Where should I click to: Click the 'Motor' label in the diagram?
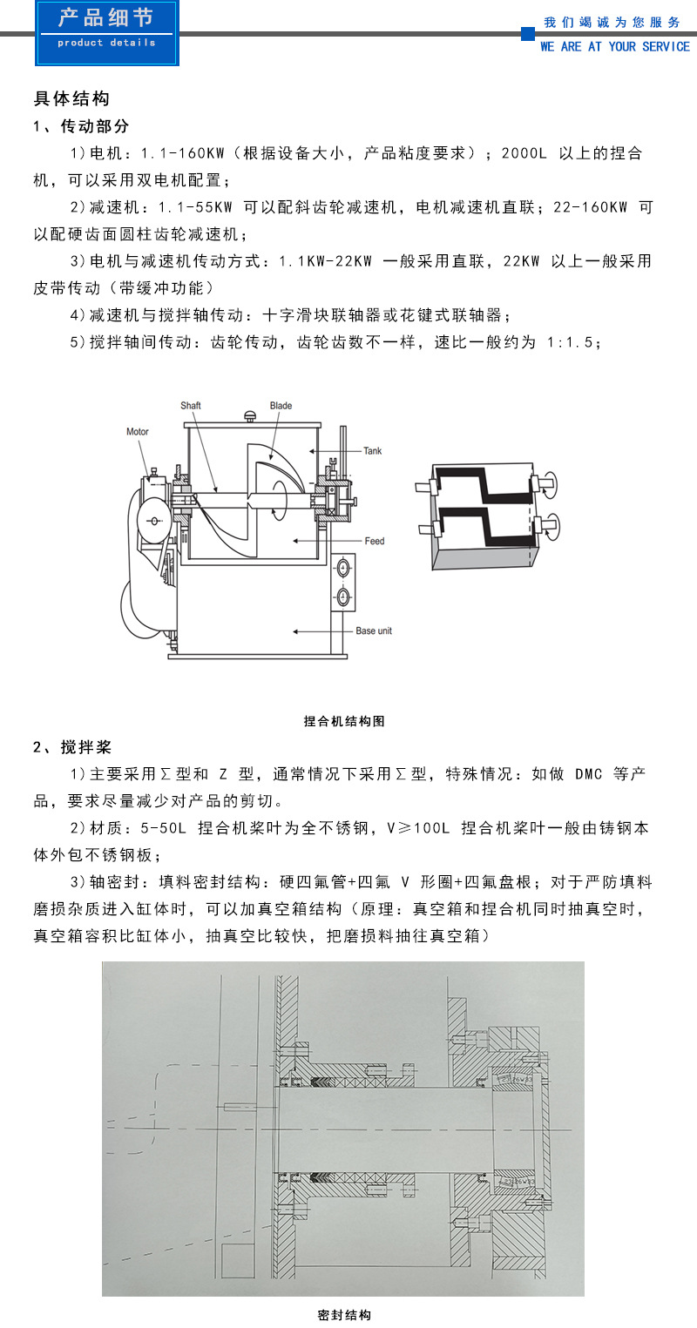click(138, 432)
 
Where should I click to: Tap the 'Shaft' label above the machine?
click(191, 406)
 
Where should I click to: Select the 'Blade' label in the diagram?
click(281, 406)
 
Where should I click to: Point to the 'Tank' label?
click(372, 451)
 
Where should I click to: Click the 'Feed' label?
click(375, 541)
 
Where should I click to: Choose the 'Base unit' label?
click(373, 630)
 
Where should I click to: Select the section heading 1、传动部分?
click(81, 126)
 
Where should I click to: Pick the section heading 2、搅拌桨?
click(72, 747)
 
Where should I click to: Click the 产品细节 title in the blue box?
click(105, 19)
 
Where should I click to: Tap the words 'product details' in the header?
click(106, 43)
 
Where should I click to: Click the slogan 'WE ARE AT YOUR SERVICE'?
click(614, 47)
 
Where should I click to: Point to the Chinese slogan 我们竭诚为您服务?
click(612, 22)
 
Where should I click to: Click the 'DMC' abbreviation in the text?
click(589, 774)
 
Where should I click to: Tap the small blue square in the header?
click(527, 34)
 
